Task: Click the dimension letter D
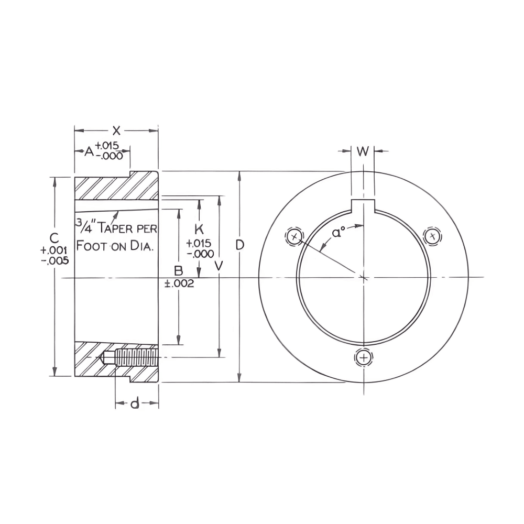point(239,245)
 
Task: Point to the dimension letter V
point(220,266)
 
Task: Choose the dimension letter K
point(199,229)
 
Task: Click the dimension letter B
point(179,270)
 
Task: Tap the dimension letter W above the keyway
point(363,151)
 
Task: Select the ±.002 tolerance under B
point(180,283)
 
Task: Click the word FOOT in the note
point(92,246)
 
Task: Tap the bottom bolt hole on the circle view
point(363,358)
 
